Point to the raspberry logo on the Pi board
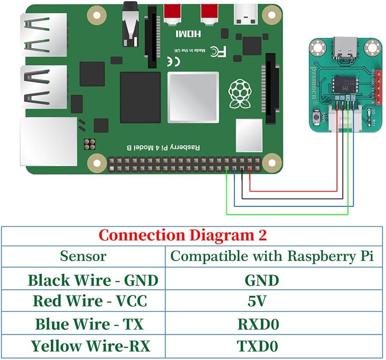coord(239,94)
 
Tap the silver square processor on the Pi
coord(193,98)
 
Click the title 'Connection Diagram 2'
coord(182,235)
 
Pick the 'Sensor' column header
coord(83,256)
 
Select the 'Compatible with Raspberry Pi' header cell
coord(272,256)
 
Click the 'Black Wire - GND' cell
coord(93,280)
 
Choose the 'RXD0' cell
coord(258,325)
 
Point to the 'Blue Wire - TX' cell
coord(89,325)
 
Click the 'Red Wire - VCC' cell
coord(90,301)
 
